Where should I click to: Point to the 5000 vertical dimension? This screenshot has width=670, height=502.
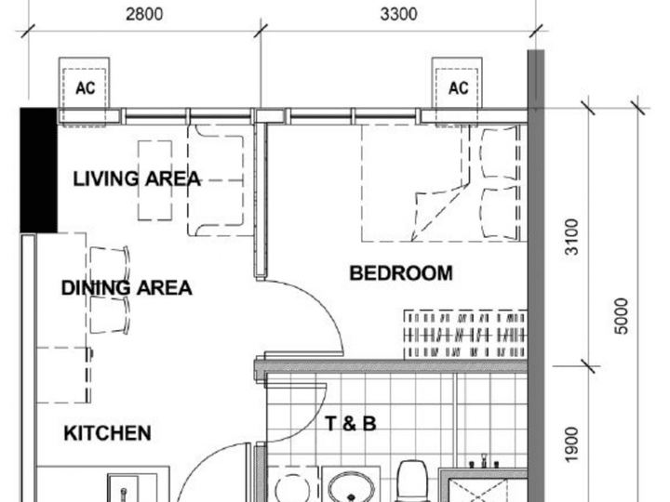(622, 316)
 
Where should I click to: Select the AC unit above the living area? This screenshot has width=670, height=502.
(84, 87)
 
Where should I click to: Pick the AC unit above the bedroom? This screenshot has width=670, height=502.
(458, 87)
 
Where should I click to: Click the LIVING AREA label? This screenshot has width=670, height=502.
(136, 178)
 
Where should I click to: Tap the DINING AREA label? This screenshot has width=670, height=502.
(127, 288)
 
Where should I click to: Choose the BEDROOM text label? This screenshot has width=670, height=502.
(400, 273)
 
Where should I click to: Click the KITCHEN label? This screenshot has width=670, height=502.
(107, 433)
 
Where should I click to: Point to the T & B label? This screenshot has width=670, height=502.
(350, 425)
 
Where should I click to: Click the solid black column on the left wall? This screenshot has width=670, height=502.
(39, 170)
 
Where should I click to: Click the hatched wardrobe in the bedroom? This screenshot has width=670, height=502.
(465, 335)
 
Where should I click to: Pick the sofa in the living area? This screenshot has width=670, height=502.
(220, 181)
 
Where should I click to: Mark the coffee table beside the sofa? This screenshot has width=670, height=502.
(155, 180)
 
